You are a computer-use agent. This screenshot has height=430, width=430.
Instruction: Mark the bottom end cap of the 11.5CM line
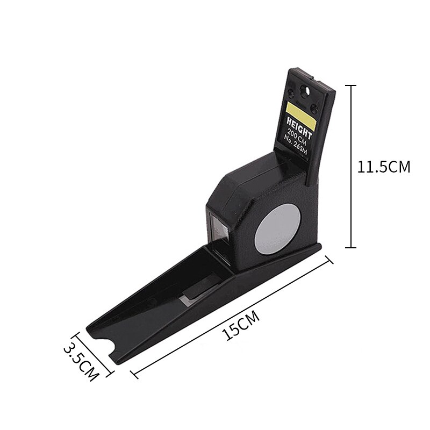pyautogui.click(x=350, y=247)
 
